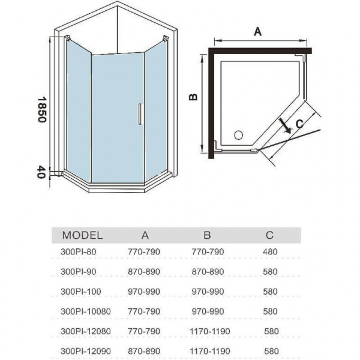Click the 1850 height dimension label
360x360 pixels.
(x=42, y=110)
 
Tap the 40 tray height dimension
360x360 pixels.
(x=41, y=172)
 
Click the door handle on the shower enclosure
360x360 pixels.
(x=140, y=114)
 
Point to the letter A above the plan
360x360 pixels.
(x=257, y=31)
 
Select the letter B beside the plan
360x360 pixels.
(x=193, y=97)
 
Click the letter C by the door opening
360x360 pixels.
(x=300, y=124)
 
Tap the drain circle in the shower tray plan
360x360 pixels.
(x=239, y=135)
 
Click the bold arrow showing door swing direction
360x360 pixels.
(x=284, y=126)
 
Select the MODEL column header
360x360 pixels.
(x=82, y=235)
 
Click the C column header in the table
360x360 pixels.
(x=269, y=235)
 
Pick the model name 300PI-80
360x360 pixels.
(x=78, y=252)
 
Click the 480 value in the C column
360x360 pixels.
(x=270, y=252)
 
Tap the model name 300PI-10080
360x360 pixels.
(x=86, y=311)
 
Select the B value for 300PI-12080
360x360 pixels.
(x=210, y=331)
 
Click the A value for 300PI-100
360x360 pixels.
(x=144, y=292)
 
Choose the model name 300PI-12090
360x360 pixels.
(x=86, y=351)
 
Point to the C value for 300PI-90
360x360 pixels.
(x=270, y=272)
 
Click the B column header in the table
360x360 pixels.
(x=207, y=235)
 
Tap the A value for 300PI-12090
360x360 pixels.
(x=144, y=351)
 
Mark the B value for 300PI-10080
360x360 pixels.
(x=208, y=311)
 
